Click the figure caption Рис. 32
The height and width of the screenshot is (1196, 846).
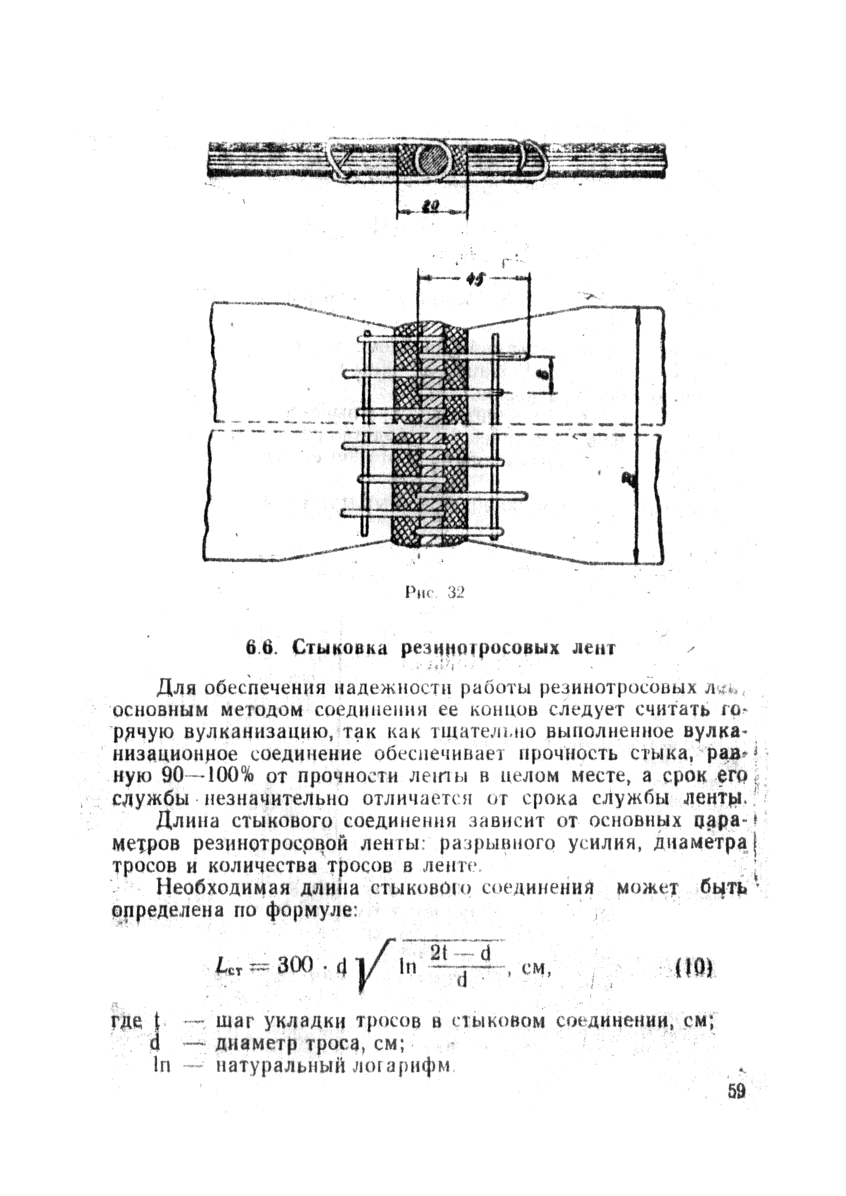pyautogui.click(x=434, y=592)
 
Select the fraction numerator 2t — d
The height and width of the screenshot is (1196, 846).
pyautogui.click(x=460, y=953)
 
